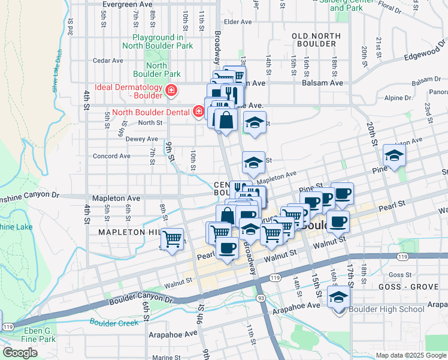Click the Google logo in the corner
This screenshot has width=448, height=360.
click(x=20, y=353)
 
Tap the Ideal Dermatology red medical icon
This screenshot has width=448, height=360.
click(x=171, y=91)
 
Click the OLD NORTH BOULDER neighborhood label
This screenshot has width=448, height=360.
click(x=314, y=40)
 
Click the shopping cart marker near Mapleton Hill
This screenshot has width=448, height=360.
click(x=172, y=239)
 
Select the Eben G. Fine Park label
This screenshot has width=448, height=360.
click(x=40, y=335)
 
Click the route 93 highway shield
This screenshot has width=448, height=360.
click(x=261, y=298)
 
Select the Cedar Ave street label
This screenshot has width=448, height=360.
click(x=108, y=61)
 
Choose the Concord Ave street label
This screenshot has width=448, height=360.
click(x=111, y=156)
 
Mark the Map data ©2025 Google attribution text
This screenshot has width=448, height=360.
click(x=410, y=355)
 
